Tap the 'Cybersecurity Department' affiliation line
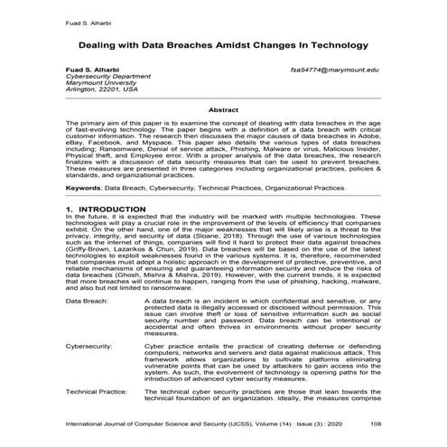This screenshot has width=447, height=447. pos(93,77)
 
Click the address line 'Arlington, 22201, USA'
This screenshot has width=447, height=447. pos(88,91)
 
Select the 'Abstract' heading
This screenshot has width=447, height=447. pos(222,109)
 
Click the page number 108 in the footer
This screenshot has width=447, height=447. pos(386,422)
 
